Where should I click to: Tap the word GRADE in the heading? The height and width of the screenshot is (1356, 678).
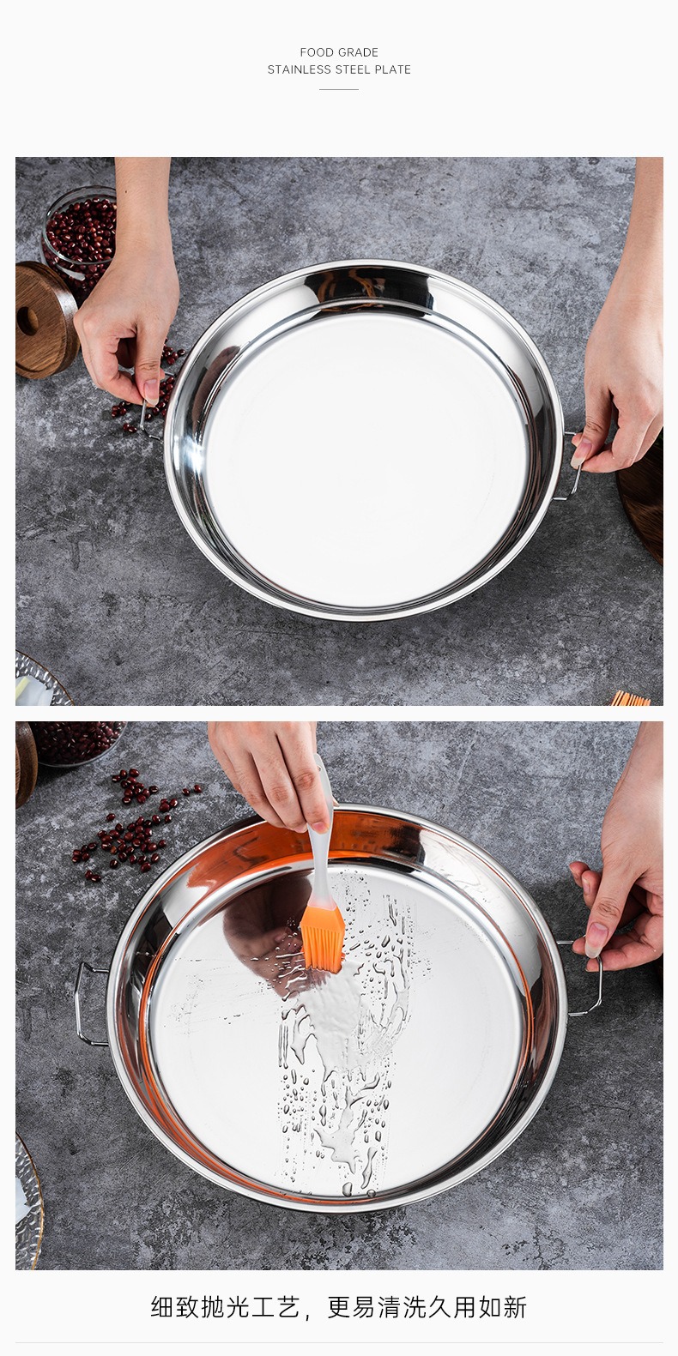click(359, 52)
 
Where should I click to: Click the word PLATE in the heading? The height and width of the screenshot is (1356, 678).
click(392, 69)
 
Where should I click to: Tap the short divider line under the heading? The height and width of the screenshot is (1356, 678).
click(339, 89)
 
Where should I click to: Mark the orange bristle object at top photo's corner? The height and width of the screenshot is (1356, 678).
click(630, 698)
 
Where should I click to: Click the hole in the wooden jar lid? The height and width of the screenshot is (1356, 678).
click(27, 321)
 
